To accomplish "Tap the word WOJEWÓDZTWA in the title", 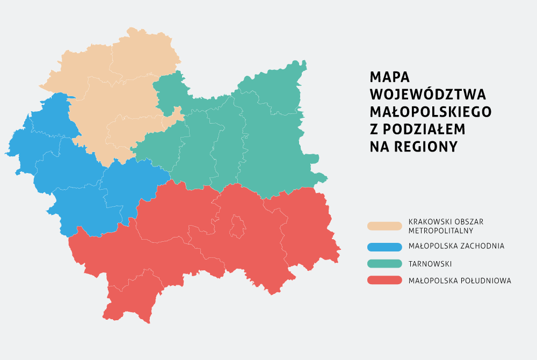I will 428,94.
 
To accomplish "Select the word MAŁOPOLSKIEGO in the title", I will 431,111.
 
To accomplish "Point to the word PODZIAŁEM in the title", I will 424,129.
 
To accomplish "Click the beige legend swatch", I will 384,226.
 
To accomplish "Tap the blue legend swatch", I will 384,247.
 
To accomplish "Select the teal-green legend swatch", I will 384,263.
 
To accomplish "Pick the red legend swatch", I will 384,280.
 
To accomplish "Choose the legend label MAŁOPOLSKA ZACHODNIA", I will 456,247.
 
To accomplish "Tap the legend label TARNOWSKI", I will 430,264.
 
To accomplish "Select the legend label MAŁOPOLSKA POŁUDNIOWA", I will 460,280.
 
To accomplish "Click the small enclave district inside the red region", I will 237,226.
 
